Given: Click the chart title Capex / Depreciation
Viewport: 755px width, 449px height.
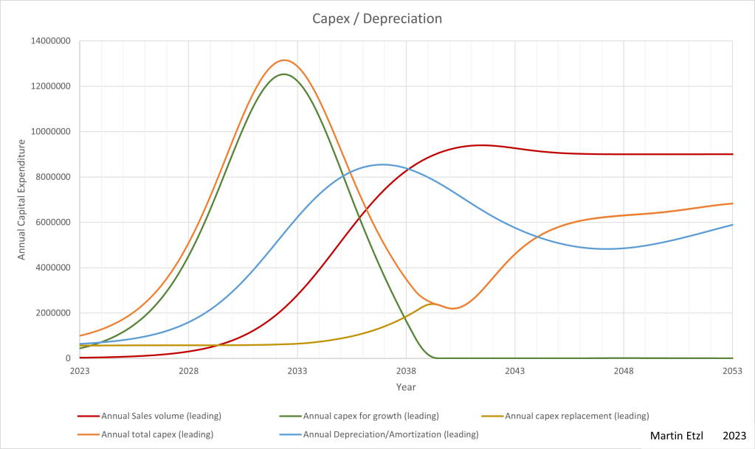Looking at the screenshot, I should (377, 18).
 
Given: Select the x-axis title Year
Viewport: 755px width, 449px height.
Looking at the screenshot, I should (406, 386).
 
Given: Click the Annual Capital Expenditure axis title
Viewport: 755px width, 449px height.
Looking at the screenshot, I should (22, 200).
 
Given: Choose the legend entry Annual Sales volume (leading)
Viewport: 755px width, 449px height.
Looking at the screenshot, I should (161, 417).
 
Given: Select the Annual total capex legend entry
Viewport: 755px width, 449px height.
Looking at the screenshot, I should (156, 434).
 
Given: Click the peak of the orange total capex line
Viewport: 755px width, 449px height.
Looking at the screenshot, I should (284, 60).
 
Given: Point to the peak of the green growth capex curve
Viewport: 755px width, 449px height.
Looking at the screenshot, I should (283, 74).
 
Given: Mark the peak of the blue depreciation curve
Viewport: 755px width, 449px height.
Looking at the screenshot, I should (382, 164).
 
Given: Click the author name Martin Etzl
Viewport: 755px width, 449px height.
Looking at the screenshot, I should (676, 436).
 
